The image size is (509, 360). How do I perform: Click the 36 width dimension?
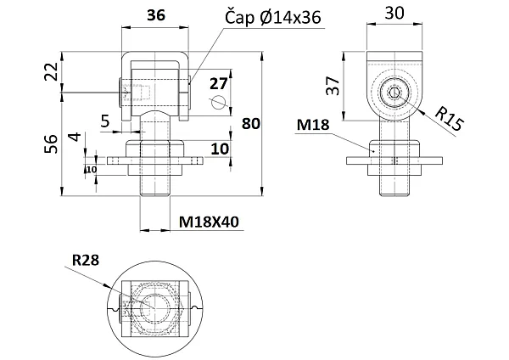point(156,15)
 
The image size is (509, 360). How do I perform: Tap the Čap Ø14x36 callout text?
point(273,17)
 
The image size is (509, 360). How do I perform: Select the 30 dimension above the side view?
point(394,14)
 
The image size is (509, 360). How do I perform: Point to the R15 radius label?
point(450,119)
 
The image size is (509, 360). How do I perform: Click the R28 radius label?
point(86,261)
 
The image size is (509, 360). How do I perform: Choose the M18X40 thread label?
point(209,222)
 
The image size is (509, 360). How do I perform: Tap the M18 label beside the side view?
point(313,125)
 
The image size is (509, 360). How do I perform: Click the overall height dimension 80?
point(251,124)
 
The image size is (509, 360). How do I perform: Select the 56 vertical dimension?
point(51,144)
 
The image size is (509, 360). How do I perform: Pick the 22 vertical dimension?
point(51,71)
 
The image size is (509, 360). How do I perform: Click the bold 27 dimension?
point(219,84)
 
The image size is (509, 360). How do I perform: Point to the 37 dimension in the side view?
point(333,86)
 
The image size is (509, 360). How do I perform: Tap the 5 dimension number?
point(105,121)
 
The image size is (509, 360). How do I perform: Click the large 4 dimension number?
point(76,137)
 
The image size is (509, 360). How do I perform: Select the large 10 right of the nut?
point(220,149)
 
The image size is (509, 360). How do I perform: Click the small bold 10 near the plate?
point(92,170)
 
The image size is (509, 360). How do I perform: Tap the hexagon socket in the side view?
point(394,93)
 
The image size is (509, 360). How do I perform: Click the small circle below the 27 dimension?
point(219,103)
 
